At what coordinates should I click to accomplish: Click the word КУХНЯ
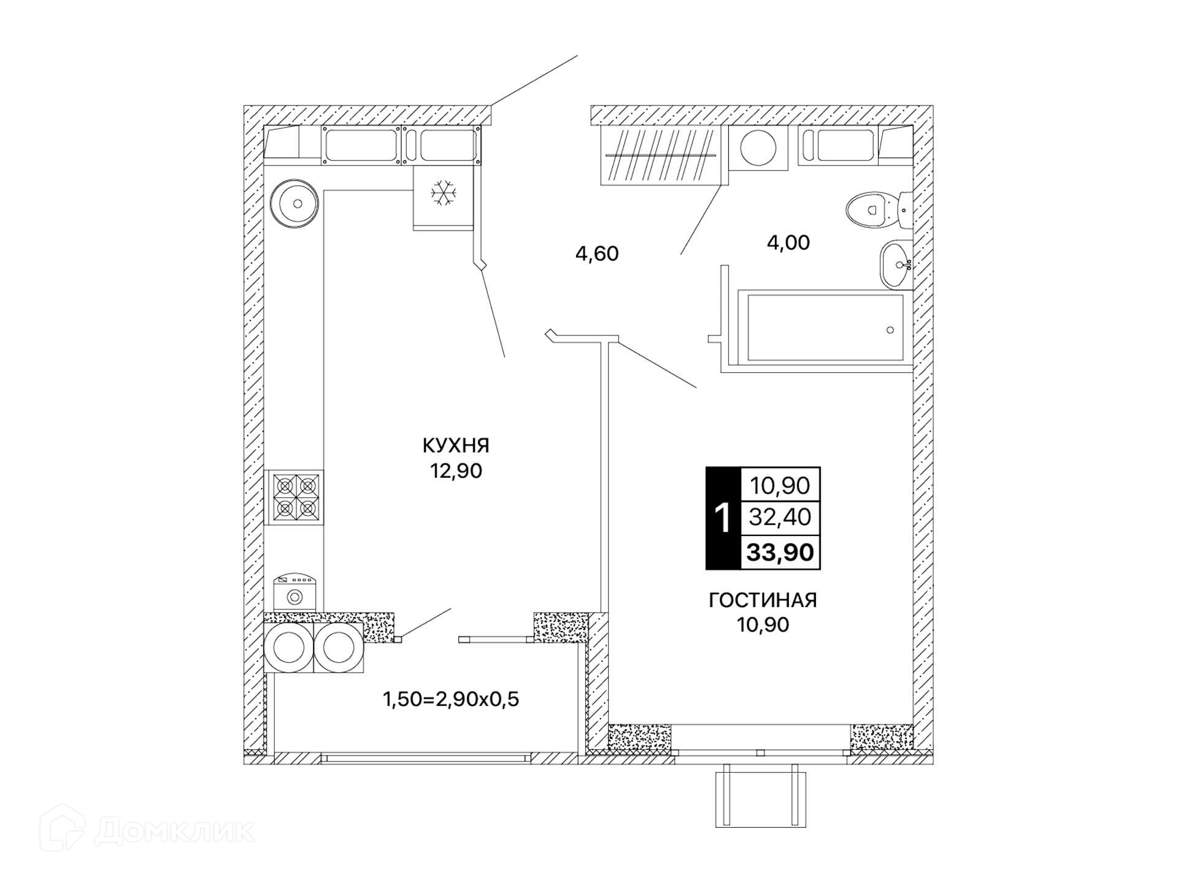[456, 445]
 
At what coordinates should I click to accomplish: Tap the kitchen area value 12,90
[456, 471]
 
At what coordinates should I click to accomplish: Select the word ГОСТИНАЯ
[763, 600]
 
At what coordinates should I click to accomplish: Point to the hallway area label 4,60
[597, 253]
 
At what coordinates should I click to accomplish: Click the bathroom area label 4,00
[788, 243]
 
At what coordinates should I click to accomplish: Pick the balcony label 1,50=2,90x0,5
[451, 699]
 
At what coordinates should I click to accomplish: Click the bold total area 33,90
[780, 552]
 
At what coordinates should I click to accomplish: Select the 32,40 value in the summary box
[780, 518]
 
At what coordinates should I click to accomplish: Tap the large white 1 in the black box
[723, 518]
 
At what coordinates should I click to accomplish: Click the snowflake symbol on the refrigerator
[444, 193]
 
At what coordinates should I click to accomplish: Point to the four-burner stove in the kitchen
[294, 497]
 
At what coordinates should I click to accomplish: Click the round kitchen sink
[294, 203]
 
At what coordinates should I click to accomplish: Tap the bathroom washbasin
[896, 264]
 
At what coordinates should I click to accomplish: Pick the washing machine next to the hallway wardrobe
[758, 148]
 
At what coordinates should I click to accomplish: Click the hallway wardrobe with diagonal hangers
[660, 155]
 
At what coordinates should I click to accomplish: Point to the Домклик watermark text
[175, 831]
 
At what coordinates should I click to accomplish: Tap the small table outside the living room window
[761, 795]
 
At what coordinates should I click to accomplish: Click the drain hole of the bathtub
[890, 330]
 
